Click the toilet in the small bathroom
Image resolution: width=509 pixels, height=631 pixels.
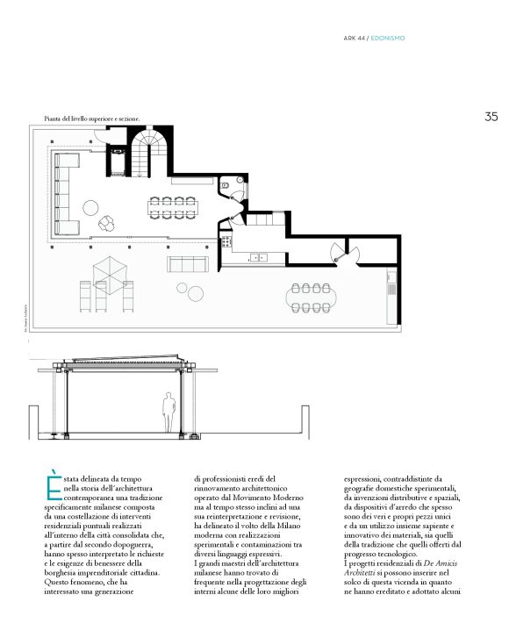(226, 184)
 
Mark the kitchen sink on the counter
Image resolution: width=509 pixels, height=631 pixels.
(260, 258)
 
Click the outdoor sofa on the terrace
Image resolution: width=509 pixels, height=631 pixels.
(185, 264)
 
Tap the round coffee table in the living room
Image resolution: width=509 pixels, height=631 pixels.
(90, 207)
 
